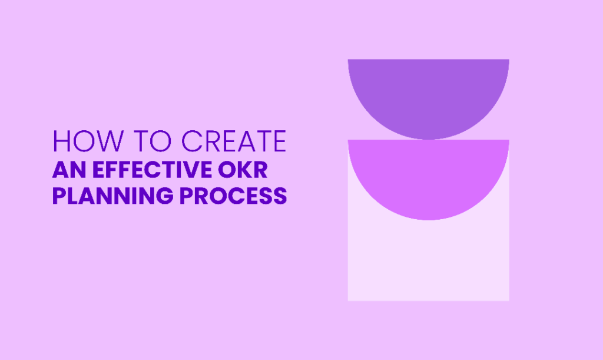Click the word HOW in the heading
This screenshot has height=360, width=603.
(x=88, y=141)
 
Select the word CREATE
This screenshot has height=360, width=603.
(x=234, y=141)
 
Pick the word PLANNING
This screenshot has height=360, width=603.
(x=113, y=196)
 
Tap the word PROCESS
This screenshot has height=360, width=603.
(x=233, y=196)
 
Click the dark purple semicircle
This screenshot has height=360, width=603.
(x=429, y=96)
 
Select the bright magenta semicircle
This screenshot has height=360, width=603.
(x=429, y=177)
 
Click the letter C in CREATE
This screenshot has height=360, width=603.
(x=191, y=141)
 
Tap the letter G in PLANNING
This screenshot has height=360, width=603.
(x=165, y=196)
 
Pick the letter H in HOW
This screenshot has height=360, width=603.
(x=61, y=141)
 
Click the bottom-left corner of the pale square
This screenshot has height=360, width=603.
(x=348, y=300)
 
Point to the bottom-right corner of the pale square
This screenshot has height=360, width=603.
(x=509, y=300)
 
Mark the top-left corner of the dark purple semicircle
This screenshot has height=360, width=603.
(x=348, y=60)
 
